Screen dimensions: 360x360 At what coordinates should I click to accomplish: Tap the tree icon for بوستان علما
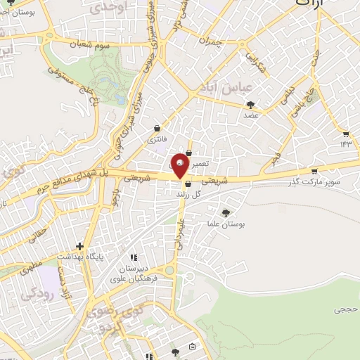pyautogui.click(x=226, y=212)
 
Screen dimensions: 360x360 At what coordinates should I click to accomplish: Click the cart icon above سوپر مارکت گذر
pyautogui.click(x=314, y=171)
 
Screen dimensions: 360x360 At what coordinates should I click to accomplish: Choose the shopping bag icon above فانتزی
pyautogui.click(x=156, y=129)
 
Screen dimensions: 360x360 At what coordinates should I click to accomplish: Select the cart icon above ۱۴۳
pyautogui.click(x=346, y=133)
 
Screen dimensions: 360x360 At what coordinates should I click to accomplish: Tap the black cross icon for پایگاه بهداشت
pyautogui.click(x=81, y=246)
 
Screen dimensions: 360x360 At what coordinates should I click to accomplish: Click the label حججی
pyautogui.click(x=346, y=309)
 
